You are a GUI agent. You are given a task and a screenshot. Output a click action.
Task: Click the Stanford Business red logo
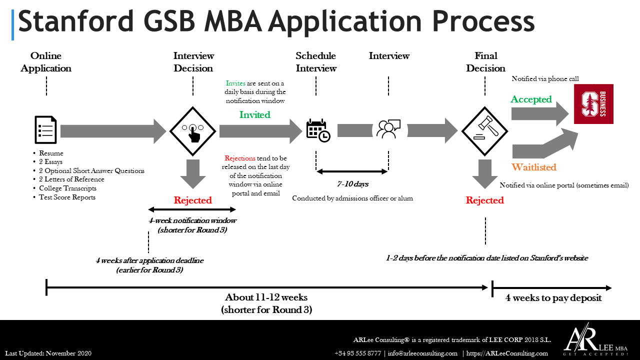pyautogui.click(x=593, y=104)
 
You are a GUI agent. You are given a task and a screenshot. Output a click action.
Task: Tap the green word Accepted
pyautogui.click(x=531, y=99)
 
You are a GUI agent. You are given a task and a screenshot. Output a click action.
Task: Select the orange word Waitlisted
pyautogui.click(x=533, y=167)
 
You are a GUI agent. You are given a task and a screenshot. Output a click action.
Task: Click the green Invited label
pyautogui.click(x=254, y=115)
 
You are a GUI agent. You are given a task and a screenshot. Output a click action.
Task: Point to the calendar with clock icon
pyautogui.click(x=318, y=130)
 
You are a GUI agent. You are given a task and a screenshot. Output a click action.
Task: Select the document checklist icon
pyautogui.click(x=46, y=130)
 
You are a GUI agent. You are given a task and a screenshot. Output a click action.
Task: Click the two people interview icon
pyautogui.click(x=388, y=129)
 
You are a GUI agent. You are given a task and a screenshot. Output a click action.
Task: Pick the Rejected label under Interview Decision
pyautogui.click(x=192, y=200)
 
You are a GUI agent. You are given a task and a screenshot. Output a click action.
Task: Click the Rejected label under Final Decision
pyautogui.click(x=484, y=200)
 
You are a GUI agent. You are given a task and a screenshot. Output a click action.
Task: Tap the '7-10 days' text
pyautogui.click(x=352, y=184)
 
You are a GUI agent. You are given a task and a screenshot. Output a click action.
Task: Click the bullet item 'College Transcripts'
pyautogui.click(x=67, y=188)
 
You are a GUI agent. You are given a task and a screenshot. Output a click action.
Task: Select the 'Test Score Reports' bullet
pyautogui.click(x=67, y=197)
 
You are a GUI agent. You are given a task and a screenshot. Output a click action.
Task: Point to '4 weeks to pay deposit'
pyautogui.click(x=553, y=298)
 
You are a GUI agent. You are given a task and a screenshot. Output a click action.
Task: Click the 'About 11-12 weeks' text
pyautogui.click(x=266, y=297)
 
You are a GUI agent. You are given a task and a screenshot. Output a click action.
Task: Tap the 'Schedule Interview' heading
pyautogui.click(x=316, y=62)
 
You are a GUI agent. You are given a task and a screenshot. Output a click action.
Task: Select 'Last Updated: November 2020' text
pyautogui.click(x=48, y=353)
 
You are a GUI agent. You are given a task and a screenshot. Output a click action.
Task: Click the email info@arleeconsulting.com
pyautogui.click(x=422, y=353)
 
